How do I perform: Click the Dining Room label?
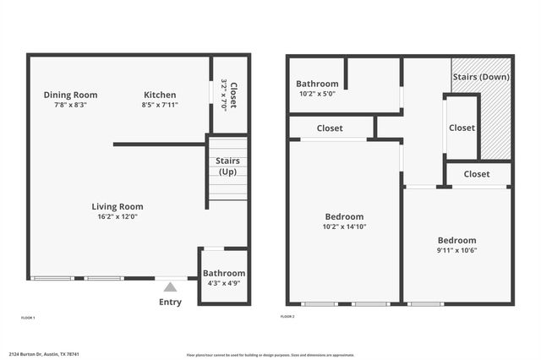[x=70, y=95]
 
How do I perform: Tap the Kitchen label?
[x=160, y=95]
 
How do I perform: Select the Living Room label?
[x=117, y=206]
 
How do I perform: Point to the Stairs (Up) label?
[x=228, y=166]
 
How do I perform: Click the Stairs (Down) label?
[x=480, y=77]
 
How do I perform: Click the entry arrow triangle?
[x=171, y=287]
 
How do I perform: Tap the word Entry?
[x=170, y=303]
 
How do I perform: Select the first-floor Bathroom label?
[x=224, y=273]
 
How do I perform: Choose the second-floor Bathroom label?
[x=317, y=84]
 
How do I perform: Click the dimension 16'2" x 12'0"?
[x=117, y=216]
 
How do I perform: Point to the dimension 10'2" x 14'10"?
[x=342, y=226]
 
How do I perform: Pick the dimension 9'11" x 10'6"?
[x=456, y=250]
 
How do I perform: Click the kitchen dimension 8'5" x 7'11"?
[x=159, y=105]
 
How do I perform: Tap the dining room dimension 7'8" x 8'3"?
[x=70, y=105]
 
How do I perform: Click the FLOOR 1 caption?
[x=28, y=317]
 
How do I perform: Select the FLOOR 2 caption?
[x=287, y=317]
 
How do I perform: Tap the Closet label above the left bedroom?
[x=330, y=128]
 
